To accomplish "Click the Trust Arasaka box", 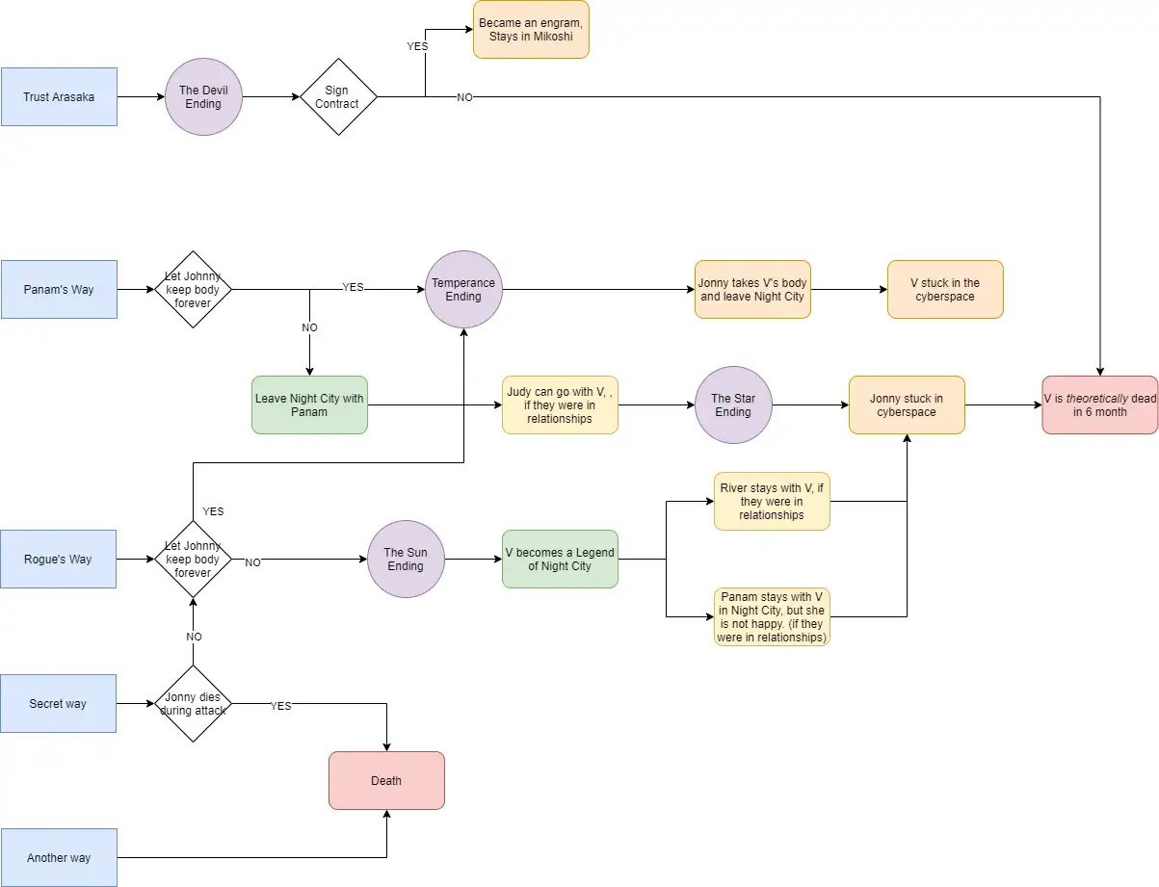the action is [x=59, y=96].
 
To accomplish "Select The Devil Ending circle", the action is [x=203, y=96].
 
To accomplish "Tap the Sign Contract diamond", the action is [x=338, y=96].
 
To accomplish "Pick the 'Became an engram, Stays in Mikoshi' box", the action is [x=531, y=29].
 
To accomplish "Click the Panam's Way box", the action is [x=59, y=290].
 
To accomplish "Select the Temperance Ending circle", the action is [x=463, y=290].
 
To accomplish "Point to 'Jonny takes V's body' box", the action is [x=752, y=290].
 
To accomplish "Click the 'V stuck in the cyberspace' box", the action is [x=945, y=290].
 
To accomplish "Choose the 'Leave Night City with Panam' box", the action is [x=309, y=405].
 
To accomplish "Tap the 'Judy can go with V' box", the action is [x=560, y=405].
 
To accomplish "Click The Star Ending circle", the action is [x=733, y=405].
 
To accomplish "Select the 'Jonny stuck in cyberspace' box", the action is [x=907, y=405].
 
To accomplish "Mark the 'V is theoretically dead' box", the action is [x=1100, y=405].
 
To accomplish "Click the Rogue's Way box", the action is [x=58, y=560].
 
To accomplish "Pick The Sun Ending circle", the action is [x=406, y=560].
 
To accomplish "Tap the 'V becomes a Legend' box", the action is [x=560, y=560].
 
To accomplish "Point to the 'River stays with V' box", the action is [x=772, y=501].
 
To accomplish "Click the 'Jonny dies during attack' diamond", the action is [x=193, y=704].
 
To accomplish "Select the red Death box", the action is [x=386, y=780].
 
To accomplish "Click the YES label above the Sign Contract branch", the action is [x=417, y=46].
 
